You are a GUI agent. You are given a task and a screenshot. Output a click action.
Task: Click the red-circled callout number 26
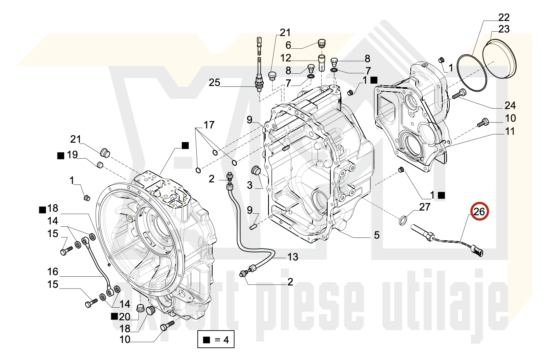click(479, 212)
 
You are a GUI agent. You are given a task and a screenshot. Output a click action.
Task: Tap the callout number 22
click(504, 17)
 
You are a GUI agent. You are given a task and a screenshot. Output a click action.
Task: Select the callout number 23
click(504, 29)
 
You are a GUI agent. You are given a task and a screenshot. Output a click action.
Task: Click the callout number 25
click(215, 82)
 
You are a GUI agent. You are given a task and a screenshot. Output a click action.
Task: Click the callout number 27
click(425, 207)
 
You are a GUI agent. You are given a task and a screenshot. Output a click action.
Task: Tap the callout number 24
click(510, 106)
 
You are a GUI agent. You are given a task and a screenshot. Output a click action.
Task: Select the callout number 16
click(53, 272)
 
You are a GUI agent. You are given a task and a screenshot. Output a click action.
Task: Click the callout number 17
click(209, 125)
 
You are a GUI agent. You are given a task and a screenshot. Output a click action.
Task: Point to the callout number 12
click(286, 58)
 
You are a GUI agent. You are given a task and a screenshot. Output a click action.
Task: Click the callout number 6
click(288, 45)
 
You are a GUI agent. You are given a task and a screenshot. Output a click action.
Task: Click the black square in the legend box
click(207, 340)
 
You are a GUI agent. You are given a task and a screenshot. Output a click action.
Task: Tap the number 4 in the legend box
click(226, 340)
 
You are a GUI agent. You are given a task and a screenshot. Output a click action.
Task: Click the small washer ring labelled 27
click(403, 220)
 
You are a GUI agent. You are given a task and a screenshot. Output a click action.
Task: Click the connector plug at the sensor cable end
click(477, 251)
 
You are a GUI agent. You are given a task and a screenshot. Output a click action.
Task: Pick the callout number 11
click(510, 131)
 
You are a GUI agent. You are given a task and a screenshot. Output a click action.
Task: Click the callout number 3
click(249, 185)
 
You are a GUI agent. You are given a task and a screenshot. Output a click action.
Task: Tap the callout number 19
click(72, 155)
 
